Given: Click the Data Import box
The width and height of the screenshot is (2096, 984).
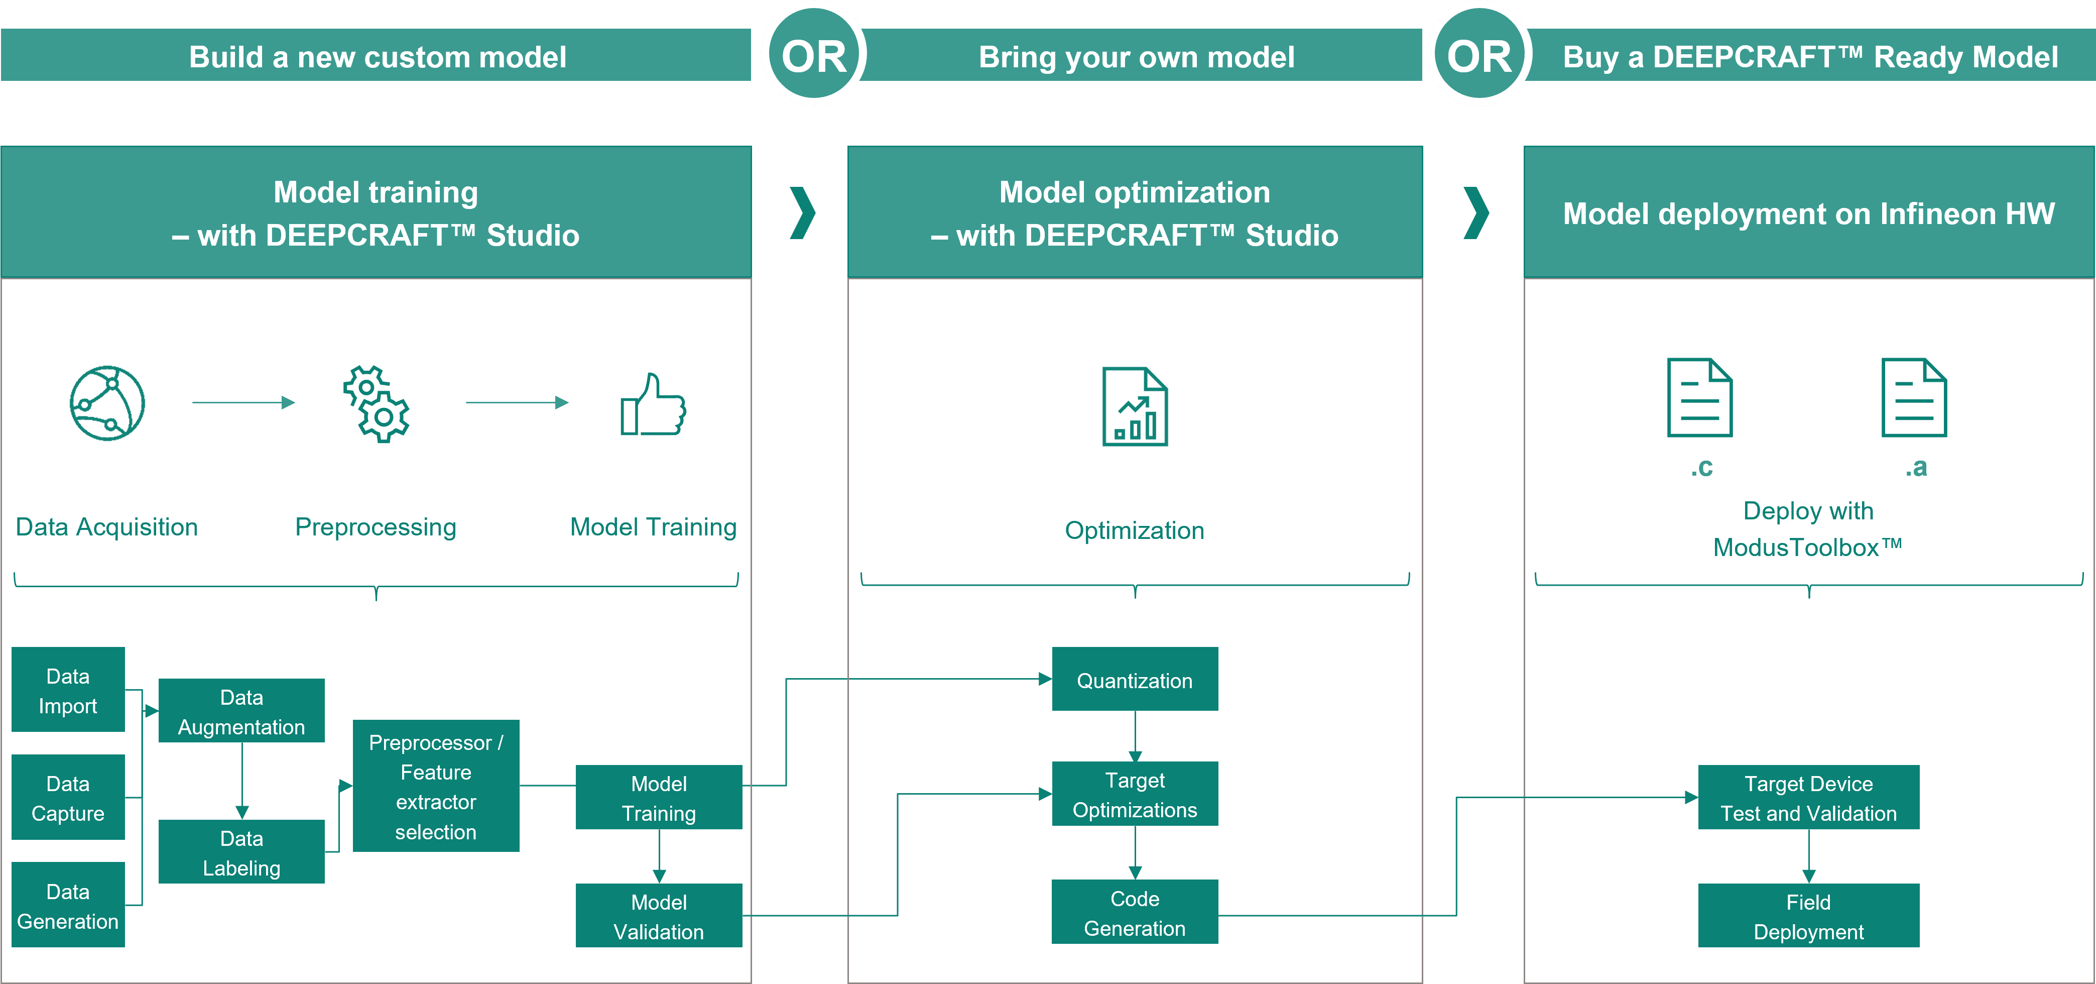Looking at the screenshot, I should tap(68, 690).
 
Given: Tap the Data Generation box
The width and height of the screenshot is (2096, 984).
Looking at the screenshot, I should tap(68, 905).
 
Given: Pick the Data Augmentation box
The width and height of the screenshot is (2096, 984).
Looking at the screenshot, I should tap(241, 711).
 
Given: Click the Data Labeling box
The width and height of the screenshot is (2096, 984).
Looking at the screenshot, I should tap(241, 852).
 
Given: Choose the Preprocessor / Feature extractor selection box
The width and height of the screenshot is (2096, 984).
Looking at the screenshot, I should tap(436, 786).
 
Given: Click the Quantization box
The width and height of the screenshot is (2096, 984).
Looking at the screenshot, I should tap(1135, 681).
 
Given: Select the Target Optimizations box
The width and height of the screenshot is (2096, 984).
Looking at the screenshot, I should tap(1135, 794).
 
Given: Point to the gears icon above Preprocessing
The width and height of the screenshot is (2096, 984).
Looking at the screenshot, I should tap(377, 404).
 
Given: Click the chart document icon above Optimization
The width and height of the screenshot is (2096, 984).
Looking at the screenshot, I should tap(1135, 407).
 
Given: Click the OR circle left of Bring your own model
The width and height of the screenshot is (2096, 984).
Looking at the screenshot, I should tap(814, 55).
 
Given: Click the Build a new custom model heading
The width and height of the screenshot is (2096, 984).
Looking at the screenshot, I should tap(377, 56).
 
